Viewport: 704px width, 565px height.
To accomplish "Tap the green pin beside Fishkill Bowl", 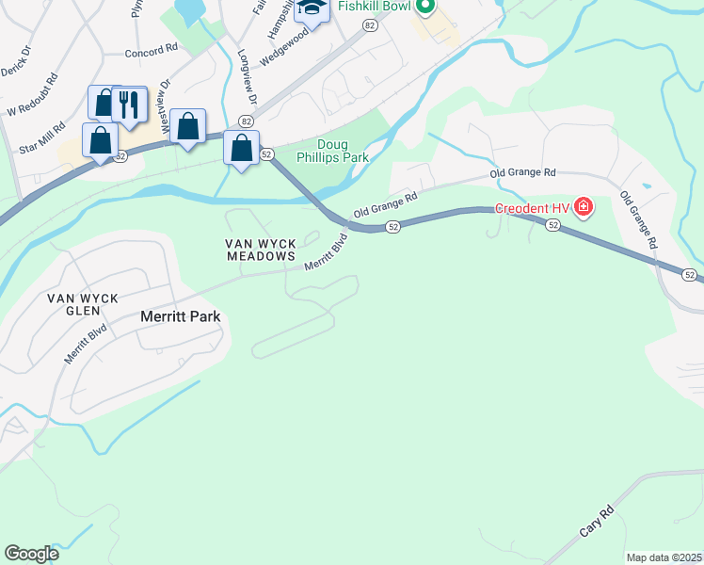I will [424, 8].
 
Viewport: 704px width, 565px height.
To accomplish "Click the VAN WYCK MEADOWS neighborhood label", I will [260, 250].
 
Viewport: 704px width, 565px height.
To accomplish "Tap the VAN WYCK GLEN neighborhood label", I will [83, 304].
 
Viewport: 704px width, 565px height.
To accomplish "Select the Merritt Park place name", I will [180, 316].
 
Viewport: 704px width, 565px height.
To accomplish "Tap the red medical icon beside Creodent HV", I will [584, 206].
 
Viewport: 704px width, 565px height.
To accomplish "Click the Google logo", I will [31, 554].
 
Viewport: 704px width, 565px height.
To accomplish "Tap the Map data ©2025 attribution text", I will [664, 557].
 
